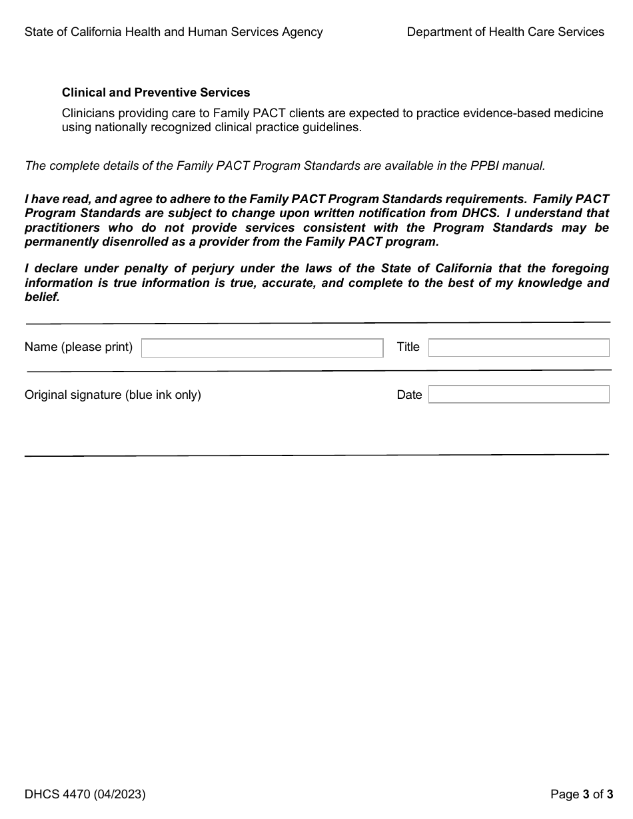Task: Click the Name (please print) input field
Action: click(x=262, y=348)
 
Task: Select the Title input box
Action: click(x=518, y=348)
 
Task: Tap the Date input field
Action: click(x=518, y=394)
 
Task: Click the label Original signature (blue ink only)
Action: click(x=113, y=395)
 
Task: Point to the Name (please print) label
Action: click(x=79, y=347)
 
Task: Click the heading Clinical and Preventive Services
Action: click(x=156, y=93)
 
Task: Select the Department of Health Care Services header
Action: click(x=505, y=32)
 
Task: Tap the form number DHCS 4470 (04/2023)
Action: click(x=85, y=794)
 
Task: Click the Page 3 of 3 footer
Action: click(x=581, y=794)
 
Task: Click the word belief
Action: click(x=41, y=298)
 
